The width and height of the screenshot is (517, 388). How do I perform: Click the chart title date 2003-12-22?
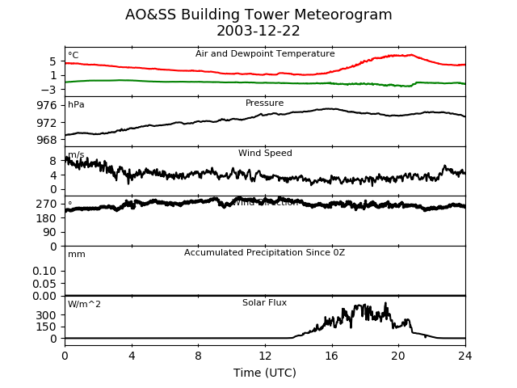click(x=258, y=32)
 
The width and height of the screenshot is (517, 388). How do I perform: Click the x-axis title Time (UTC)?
click(x=264, y=373)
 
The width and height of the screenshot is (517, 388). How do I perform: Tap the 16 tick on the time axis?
click(x=332, y=355)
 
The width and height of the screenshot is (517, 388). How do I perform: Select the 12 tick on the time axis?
click(x=265, y=355)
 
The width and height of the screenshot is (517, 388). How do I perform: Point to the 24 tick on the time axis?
click(x=465, y=355)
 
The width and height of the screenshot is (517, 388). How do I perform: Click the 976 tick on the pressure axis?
click(x=47, y=105)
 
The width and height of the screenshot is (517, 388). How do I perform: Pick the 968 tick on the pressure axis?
click(x=47, y=140)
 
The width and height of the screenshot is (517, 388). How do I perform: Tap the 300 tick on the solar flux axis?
click(x=47, y=314)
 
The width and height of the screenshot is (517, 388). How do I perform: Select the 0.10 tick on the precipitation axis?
click(x=44, y=271)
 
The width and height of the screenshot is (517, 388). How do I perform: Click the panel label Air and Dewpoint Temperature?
click(x=265, y=54)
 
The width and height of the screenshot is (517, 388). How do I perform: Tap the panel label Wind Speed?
click(x=265, y=154)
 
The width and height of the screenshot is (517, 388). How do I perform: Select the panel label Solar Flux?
click(x=265, y=303)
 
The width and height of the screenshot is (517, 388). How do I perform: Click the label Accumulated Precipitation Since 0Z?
click(x=265, y=253)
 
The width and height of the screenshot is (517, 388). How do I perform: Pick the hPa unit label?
click(x=76, y=105)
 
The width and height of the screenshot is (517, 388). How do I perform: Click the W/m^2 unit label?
click(x=84, y=305)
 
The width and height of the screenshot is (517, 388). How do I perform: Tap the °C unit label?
click(x=74, y=56)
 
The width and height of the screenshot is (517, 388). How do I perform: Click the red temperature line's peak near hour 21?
click(x=412, y=55)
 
